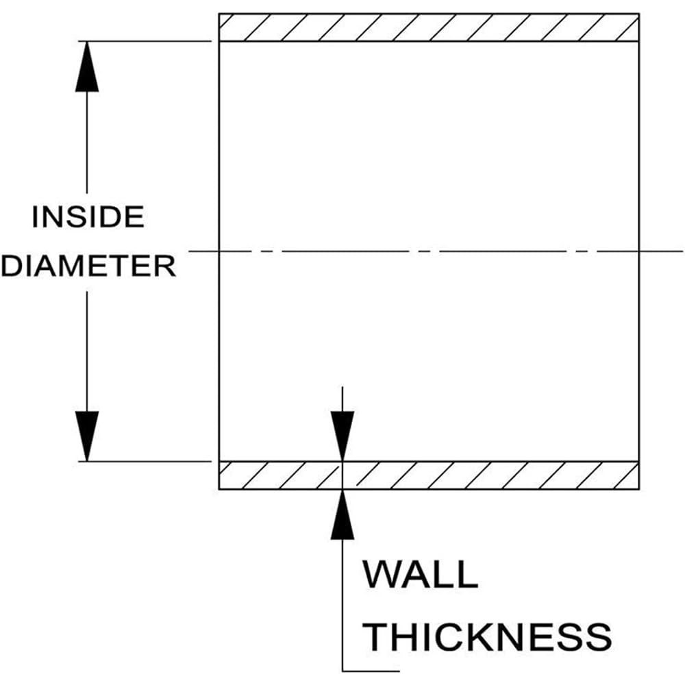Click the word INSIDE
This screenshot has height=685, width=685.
(88, 217)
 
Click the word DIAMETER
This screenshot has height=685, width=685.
(88, 266)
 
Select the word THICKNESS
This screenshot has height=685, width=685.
(486, 637)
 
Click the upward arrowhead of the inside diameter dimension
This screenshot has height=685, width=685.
(87, 68)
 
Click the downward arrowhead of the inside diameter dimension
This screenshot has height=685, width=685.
(87, 435)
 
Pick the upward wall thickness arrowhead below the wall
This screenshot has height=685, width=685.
(342, 514)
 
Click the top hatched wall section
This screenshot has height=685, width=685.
(429, 27)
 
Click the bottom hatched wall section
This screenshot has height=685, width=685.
(429, 475)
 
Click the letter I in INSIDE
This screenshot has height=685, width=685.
(36, 217)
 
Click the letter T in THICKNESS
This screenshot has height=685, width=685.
(376, 637)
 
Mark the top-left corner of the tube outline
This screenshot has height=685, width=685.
(219, 14)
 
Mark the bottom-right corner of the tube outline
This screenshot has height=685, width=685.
(638, 489)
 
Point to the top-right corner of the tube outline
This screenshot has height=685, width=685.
(638, 14)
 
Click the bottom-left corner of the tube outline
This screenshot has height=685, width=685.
(219, 489)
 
